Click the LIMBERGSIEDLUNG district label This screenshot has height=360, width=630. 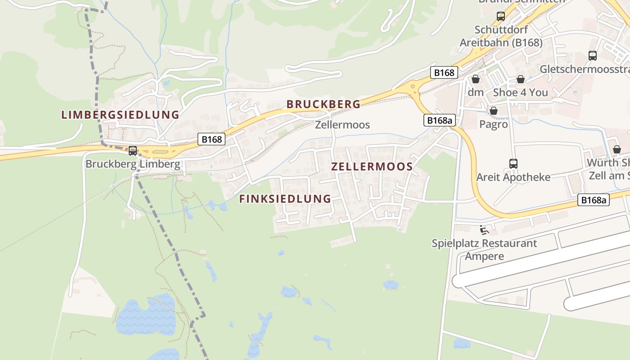pyautogui.click(x=120, y=114)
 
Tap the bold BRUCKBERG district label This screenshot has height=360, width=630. pyautogui.click(x=324, y=104)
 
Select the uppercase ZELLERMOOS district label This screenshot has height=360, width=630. pyautogui.click(x=372, y=166)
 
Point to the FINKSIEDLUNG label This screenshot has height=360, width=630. pyautogui.click(x=285, y=198)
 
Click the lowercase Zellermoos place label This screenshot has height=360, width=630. pyautogui.click(x=342, y=125)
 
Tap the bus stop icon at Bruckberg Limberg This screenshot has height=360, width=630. pyautogui.click(x=133, y=151)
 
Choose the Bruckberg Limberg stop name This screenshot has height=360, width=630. pyautogui.click(x=133, y=164)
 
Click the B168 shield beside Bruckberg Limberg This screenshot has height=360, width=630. pyautogui.click(x=211, y=139)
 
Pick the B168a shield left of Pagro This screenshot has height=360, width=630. pyautogui.click(x=439, y=120)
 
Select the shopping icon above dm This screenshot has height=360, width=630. pyautogui.click(x=476, y=79)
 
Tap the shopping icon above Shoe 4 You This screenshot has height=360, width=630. pyautogui.click(x=521, y=79)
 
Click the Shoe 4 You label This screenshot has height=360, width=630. pyautogui.click(x=521, y=92)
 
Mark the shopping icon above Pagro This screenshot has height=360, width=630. pyautogui.click(x=494, y=111)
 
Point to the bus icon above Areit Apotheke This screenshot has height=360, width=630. pyautogui.click(x=513, y=164)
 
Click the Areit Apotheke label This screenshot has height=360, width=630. pyautogui.click(x=513, y=177)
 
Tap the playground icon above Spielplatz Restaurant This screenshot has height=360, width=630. pyautogui.click(x=484, y=230)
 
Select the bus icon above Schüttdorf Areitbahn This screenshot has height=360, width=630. pyautogui.click(x=501, y=17)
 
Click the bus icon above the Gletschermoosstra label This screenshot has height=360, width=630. pyautogui.click(x=593, y=56)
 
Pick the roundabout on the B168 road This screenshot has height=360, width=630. pyautogui.click(x=412, y=85)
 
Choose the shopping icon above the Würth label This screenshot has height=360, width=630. pyautogui.click(x=617, y=149)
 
